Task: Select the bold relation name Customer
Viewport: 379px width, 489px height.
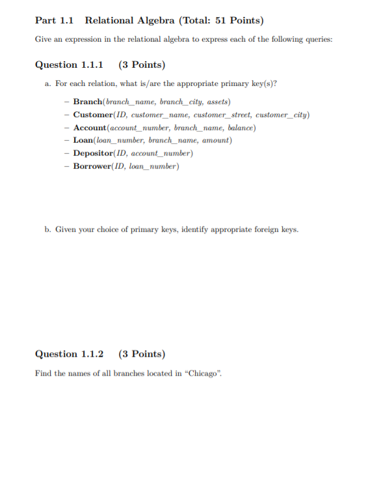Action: (94, 115)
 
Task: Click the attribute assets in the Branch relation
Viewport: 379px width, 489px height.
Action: (218, 102)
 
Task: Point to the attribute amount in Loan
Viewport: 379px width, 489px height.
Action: (216, 140)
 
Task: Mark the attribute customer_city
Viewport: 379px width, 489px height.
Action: (284, 115)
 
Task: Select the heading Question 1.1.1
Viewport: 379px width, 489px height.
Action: (69, 65)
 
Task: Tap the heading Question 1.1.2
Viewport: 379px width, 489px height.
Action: (69, 354)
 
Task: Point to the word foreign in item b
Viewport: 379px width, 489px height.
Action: (265, 229)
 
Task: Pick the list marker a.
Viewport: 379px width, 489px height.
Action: (48, 84)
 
